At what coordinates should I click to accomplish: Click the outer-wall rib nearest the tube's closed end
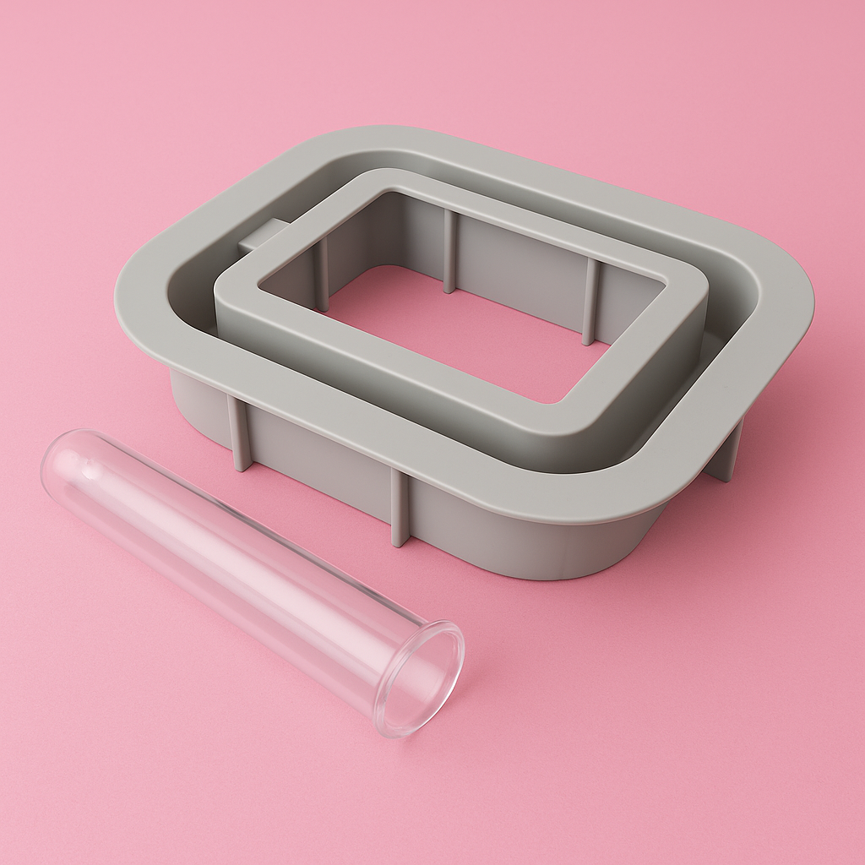click(239, 435)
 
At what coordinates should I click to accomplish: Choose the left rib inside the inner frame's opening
click(322, 274)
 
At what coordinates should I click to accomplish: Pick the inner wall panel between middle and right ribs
click(520, 270)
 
